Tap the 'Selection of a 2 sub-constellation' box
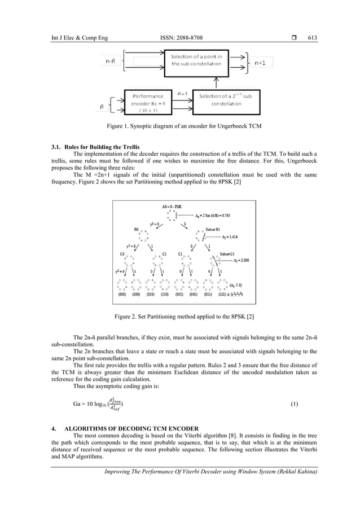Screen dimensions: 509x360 point(226,101)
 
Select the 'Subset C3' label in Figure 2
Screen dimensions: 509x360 point(231,254)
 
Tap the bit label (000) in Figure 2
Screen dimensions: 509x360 point(122,294)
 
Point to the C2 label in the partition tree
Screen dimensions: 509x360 point(164,254)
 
